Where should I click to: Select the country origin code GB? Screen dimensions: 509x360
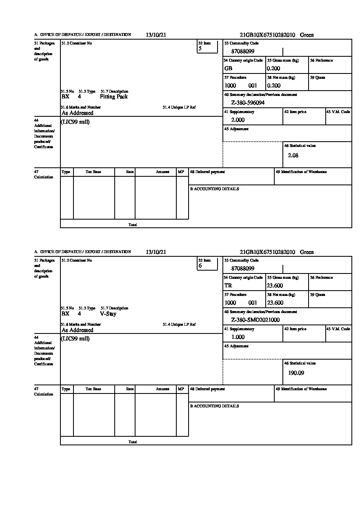pos(228,69)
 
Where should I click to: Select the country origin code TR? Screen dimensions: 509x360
pos(228,286)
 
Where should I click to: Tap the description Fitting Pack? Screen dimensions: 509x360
pos(113,97)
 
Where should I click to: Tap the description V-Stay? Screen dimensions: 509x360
pos(108,314)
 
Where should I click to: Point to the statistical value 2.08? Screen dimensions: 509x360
pos(293,156)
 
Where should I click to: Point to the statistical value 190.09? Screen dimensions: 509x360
pos(296,373)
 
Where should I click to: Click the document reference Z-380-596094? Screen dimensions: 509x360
pos(248,103)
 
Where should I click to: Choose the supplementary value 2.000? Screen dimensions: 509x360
pos(238,120)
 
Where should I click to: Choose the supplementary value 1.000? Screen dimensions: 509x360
pos(238,337)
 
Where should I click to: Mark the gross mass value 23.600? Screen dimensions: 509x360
pos(275,286)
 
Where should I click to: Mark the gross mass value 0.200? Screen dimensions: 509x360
pos(273,69)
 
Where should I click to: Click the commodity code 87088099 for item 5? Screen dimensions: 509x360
pos(242,51)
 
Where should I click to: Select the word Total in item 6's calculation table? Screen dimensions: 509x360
pos(133,442)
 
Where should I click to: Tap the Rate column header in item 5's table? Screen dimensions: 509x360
pos(130,172)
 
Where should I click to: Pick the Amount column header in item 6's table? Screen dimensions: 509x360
pos(162,389)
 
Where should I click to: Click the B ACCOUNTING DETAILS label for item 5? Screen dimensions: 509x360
pos(214,189)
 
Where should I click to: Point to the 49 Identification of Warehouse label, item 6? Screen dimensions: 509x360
pos(301,389)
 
